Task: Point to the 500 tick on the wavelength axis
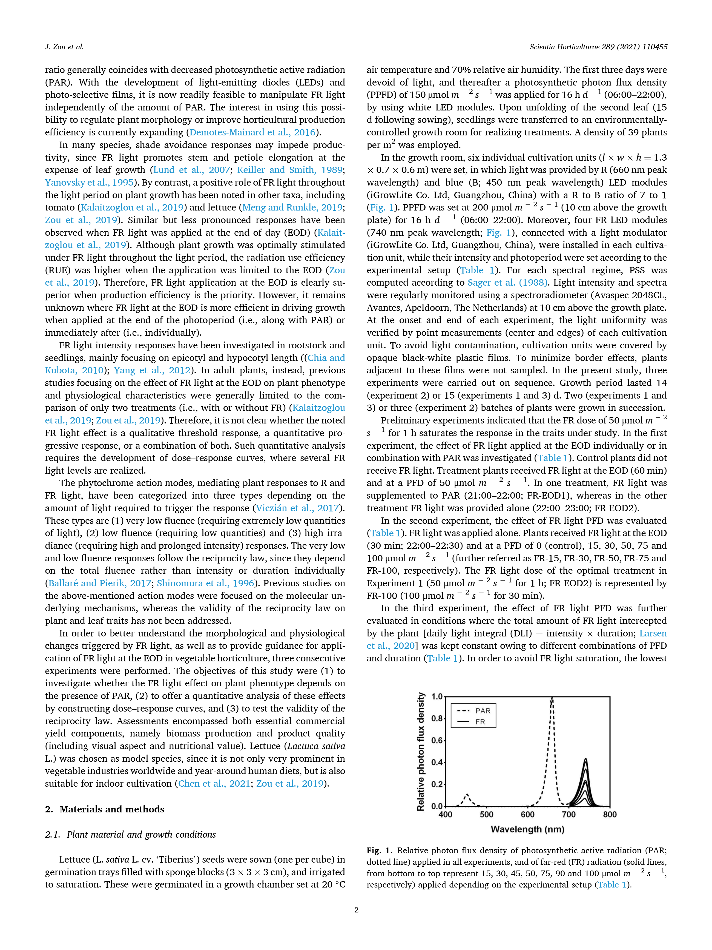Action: point(486,814)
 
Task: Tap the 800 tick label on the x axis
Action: point(609,814)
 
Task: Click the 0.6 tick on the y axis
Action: point(437,740)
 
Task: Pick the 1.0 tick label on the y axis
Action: point(437,697)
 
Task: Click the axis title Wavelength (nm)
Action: point(527,829)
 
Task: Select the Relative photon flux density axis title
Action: point(421,751)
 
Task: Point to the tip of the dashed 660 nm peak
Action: point(552,698)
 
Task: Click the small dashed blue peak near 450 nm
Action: point(467,795)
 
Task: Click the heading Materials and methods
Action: point(111,809)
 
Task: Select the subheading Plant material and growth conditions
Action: point(141,835)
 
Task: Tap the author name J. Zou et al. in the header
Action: point(64,47)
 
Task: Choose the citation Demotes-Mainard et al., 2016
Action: point(252,132)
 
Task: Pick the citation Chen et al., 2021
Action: point(214,783)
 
